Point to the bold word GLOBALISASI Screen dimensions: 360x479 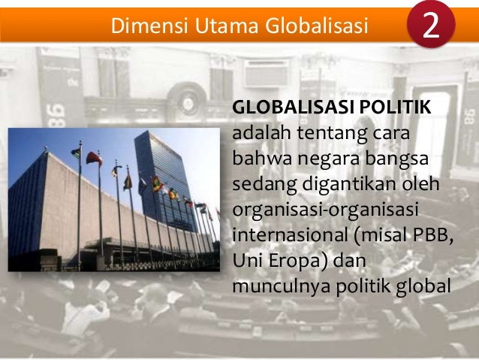[x=286, y=108]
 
